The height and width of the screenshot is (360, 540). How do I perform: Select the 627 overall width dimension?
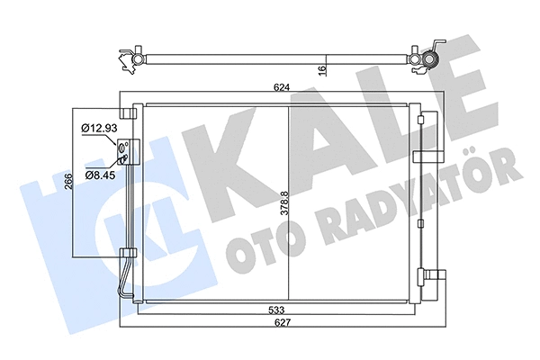(x=283, y=325)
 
